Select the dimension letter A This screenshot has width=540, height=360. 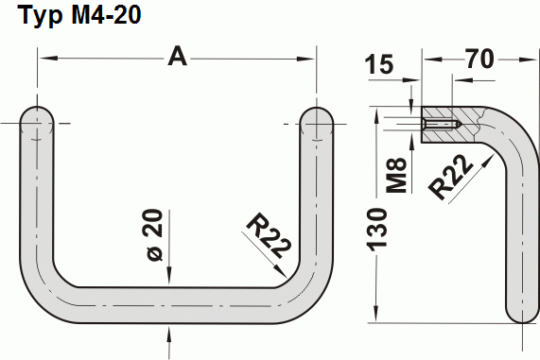click(x=177, y=57)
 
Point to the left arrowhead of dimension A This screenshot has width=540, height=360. click(x=46, y=59)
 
